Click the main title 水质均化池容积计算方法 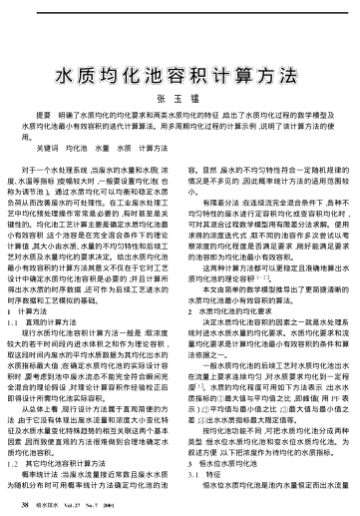(x=180, y=46)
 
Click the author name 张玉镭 (x=180, y=70)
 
